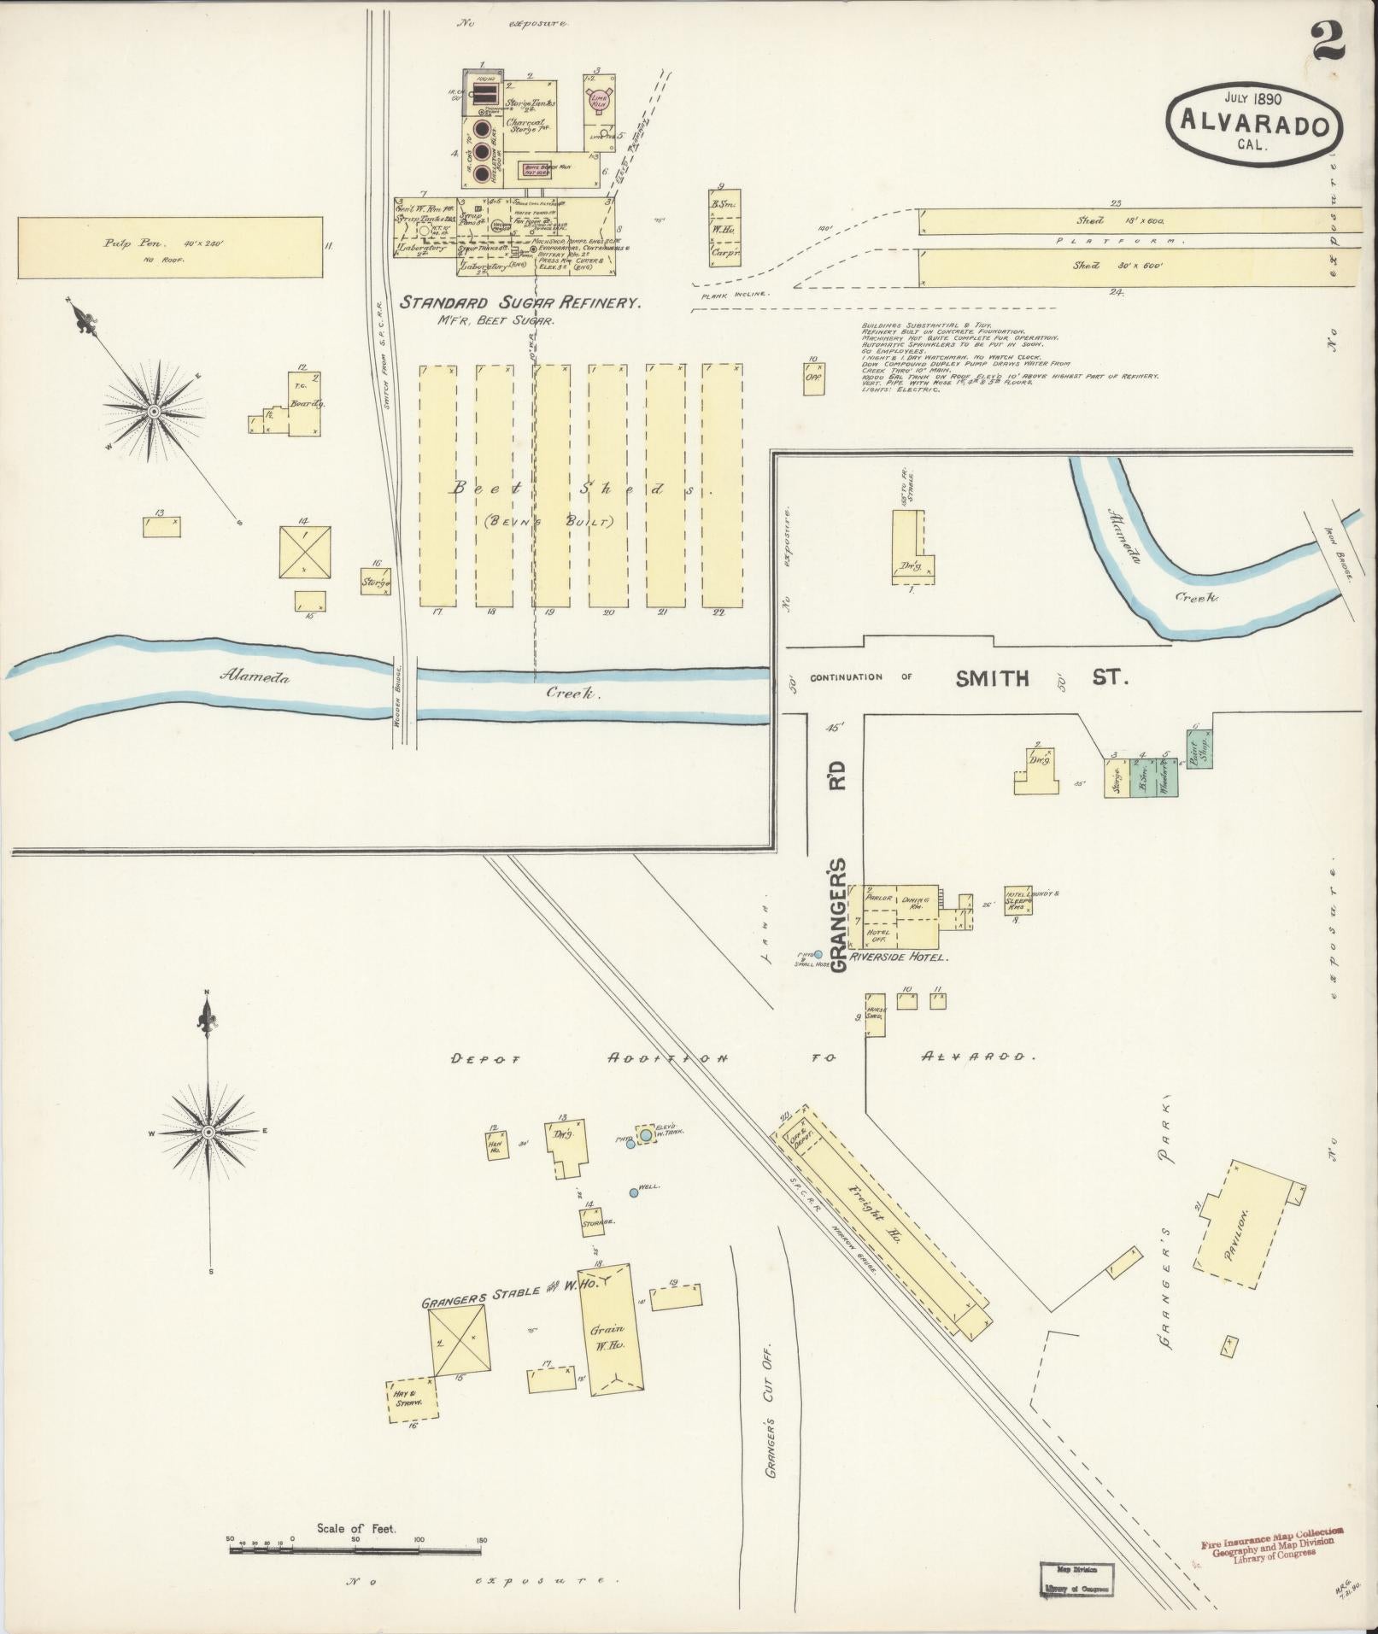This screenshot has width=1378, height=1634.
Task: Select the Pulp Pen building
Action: click(x=171, y=247)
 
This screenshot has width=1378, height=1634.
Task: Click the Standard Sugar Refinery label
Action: click(x=521, y=302)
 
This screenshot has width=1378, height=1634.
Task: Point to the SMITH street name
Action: click(x=992, y=679)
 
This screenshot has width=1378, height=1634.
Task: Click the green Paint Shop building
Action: click(x=1199, y=749)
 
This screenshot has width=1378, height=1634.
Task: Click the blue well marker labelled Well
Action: click(x=633, y=1192)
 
